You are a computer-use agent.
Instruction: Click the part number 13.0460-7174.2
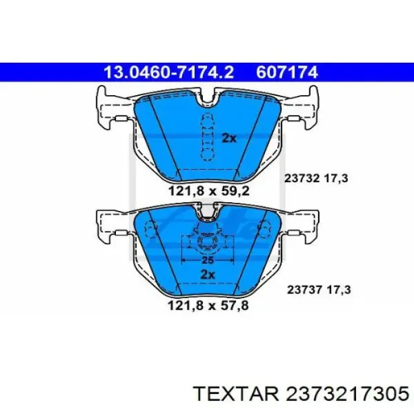tap(169, 72)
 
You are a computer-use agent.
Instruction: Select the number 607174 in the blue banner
tap(287, 72)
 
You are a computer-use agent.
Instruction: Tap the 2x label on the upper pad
tap(229, 138)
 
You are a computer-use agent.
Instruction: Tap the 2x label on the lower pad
tap(208, 275)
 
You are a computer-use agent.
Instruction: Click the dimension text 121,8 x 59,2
tap(208, 191)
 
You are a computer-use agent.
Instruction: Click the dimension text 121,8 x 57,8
tap(208, 306)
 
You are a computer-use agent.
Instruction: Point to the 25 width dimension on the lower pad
tap(208, 260)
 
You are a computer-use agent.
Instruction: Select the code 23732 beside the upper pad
tap(302, 179)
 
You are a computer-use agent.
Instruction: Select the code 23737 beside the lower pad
tap(304, 290)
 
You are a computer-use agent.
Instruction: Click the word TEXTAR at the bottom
tap(236, 394)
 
